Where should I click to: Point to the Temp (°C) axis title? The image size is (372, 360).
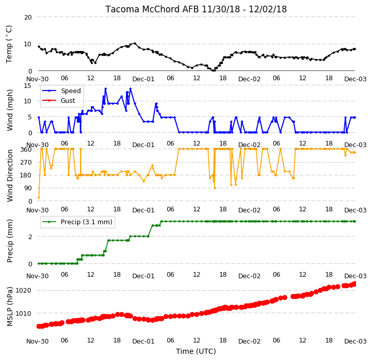pyautogui.click(x=9, y=44)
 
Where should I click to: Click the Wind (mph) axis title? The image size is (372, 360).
pyautogui.click(x=9, y=110)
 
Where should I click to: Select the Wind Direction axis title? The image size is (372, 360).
pyautogui.click(x=9, y=175)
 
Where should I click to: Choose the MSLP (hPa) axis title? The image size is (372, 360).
pyautogui.click(x=9, y=307)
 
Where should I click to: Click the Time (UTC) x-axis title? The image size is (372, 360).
pyautogui.click(x=196, y=351)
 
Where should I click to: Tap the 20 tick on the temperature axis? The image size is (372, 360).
pyautogui.click(x=28, y=17)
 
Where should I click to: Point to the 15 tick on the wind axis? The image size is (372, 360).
pyautogui.click(x=28, y=86)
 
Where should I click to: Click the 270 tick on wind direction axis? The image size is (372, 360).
pyautogui.click(x=26, y=163)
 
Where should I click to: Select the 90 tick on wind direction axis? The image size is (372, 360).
pyautogui.click(x=28, y=188)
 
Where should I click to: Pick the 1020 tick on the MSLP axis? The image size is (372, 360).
pyautogui.click(x=23, y=290)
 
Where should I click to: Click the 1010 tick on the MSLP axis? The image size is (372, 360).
pyautogui.click(x=23, y=313)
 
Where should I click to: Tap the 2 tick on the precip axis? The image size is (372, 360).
pyautogui.click(x=30, y=237)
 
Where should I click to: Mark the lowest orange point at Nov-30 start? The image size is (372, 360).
pyautogui.click(x=39, y=197)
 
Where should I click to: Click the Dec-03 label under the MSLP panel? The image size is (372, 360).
pyautogui.click(x=356, y=341)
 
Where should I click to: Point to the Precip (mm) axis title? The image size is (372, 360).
pyautogui.click(x=9, y=241)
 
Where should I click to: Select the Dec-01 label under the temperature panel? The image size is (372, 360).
pyautogui.click(x=144, y=79)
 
